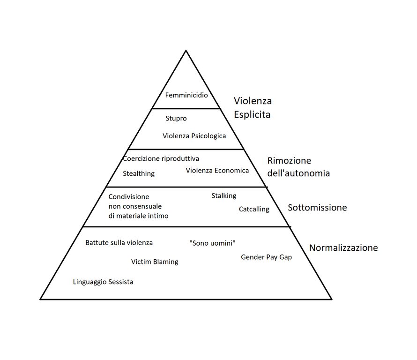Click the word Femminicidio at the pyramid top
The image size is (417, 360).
186,95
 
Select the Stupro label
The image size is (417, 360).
176,119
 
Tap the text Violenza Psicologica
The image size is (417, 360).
194,136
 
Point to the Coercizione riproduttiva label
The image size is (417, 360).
161,158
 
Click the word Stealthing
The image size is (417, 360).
139,173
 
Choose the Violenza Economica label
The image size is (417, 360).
217,170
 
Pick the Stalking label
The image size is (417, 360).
223,195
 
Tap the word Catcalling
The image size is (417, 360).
254,209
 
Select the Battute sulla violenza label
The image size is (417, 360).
119,243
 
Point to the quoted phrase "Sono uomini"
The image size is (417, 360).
212,243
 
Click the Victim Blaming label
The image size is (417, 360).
155,262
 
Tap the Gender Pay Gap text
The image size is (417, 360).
266,257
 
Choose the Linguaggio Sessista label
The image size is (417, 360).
103,282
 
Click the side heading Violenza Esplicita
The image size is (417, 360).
253,107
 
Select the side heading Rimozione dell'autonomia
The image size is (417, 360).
298,167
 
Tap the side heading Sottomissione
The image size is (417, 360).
317,207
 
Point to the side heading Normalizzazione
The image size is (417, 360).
343,247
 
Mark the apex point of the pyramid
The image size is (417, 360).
186,50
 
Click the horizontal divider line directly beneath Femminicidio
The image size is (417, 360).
186,109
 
